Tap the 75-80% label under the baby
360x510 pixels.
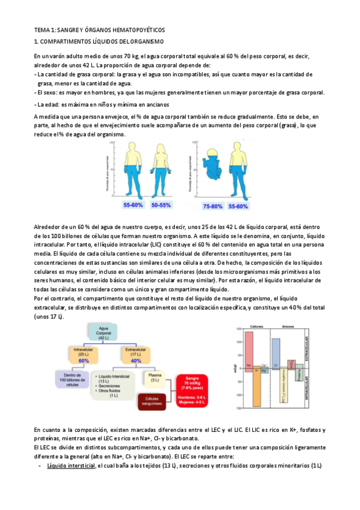coord(213,206)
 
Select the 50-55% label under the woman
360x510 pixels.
coord(161,206)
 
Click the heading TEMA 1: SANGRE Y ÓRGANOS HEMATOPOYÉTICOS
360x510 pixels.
coord(99,30)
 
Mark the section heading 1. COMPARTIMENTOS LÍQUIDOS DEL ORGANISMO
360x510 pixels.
coord(99,42)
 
